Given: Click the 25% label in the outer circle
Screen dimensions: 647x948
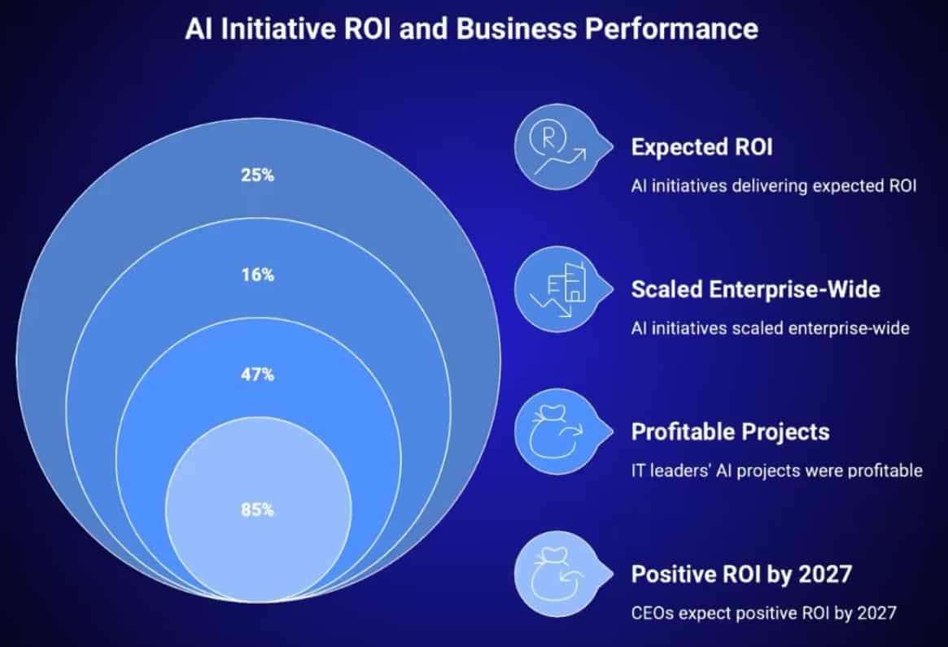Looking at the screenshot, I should pyautogui.click(x=257, y=175).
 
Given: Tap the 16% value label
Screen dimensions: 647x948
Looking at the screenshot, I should pyautogui.click(x=257, y=275).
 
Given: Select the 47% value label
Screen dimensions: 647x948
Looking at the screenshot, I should pyautogui.click(x=257, y=375).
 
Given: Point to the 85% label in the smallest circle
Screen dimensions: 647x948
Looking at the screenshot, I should pyautogui.click(x=257, y=510).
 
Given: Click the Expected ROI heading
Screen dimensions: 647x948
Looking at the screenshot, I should pyautogui.click(x=701, y=147).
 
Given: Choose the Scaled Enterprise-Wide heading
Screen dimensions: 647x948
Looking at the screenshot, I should pyautogui.click(x=755, y=289).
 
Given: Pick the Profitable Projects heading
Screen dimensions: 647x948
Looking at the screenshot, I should pyautogui.click(x=730, y=431).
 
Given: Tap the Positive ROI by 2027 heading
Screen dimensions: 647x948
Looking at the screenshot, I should pyautogui.click(x=741, y=574).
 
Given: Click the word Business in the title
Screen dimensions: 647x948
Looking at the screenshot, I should pyautogui.click(x=499, y=29).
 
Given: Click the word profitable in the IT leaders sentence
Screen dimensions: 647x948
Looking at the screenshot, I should pyautogui.click(x=884, y=470).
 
